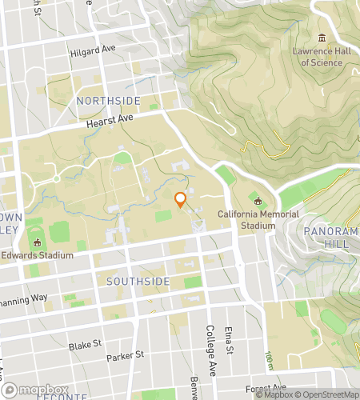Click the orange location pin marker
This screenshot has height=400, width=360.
(180, 200)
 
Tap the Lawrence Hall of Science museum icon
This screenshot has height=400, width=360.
(322, 38)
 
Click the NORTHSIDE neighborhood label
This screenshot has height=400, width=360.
(108, 100)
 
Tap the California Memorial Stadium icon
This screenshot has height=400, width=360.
(258, 201)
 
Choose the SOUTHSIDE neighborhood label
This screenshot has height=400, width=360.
(138, 282)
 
